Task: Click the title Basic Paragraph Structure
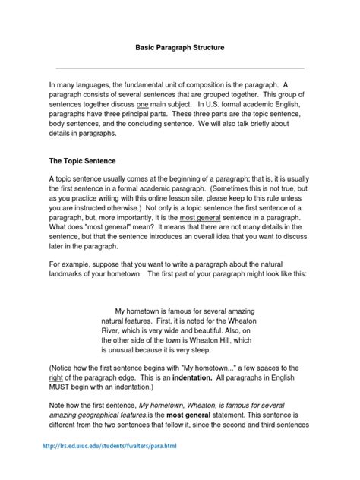point(180,48)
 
